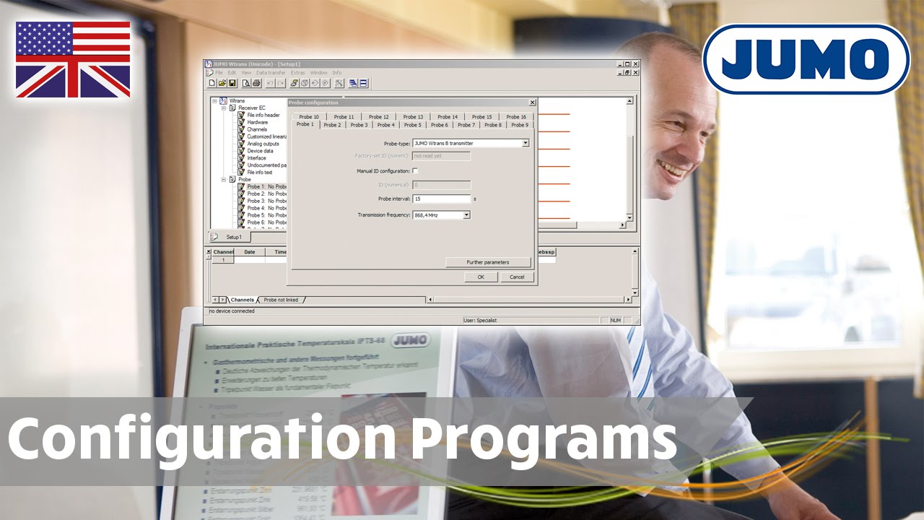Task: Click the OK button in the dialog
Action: pyautogui.click(x=481, y=277)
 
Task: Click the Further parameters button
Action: pyautogui.click(x=488, y=262)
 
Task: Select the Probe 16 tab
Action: pyautogui.click(x=516, y=116)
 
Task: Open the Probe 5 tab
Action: pyautogui.click(x=412, y=125)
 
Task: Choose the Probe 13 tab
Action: pyautogui.click(x=413, y=116)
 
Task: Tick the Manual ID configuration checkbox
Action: pyautogui.click(x=415, y=171)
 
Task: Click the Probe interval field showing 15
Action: pyautogui.click(x=441, y=199)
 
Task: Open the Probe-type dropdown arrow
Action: pyautogui.click(x=526, y=143)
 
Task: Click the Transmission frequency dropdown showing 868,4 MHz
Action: pyautogui.click(x=441, y=215)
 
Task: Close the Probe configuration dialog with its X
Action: pyautogui.click(x=532, y=103)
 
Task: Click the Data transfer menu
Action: pyautogui.click(x=271, y=73)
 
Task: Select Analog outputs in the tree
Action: pyautogui.click(x=263, y=144)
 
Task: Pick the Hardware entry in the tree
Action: pyautogui.click(x=257, y=122)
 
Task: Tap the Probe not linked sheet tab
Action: pyautogui.click(x=281, y=300)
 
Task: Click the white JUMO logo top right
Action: pyautogui.click(x=806, y=59)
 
